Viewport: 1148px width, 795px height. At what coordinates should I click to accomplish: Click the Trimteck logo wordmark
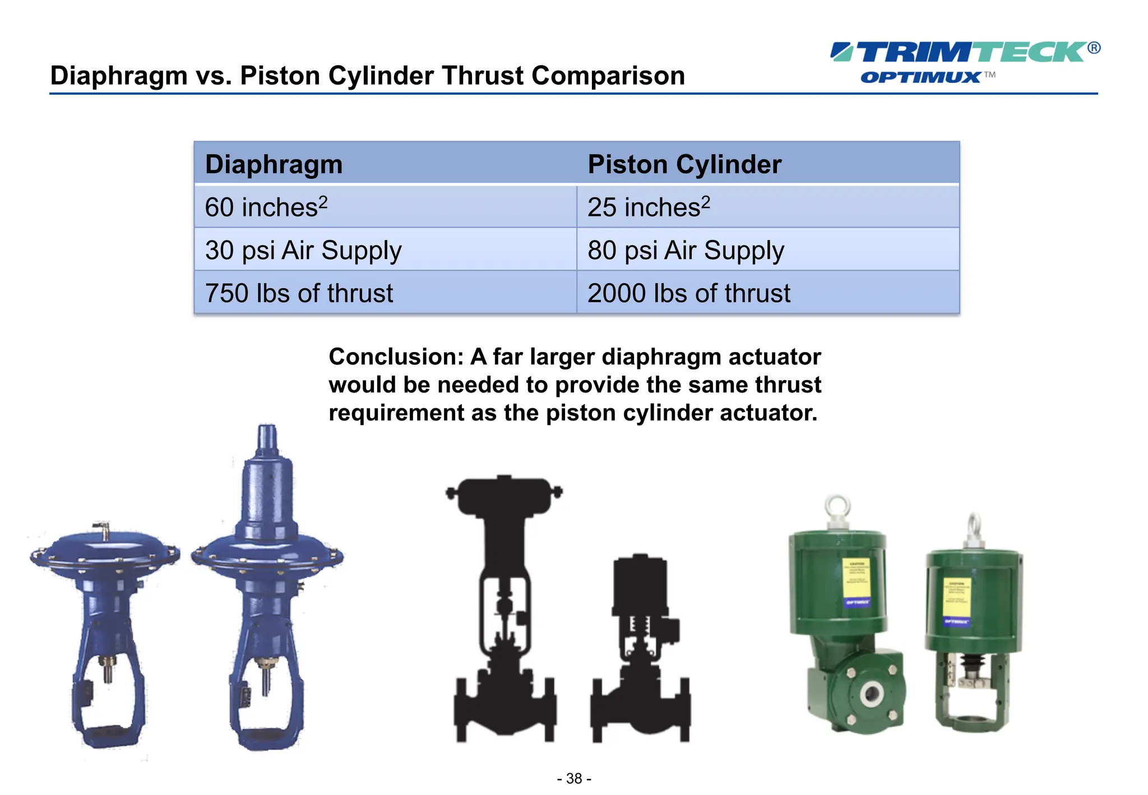tap(964, 52)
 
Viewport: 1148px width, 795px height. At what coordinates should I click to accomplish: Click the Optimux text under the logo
tap(920, 77)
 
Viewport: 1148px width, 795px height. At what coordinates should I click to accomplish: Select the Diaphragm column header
tap(274, 164)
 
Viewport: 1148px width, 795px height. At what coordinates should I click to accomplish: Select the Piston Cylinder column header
tap(684, 164)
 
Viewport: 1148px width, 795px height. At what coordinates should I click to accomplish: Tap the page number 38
tap(574, 778)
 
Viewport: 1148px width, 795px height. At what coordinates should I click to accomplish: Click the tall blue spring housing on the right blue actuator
tap(267, 488)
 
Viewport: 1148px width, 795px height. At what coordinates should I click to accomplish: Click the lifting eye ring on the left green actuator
tap(837, 507)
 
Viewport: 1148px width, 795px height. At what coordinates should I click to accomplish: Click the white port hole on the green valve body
tap(871, 694)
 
